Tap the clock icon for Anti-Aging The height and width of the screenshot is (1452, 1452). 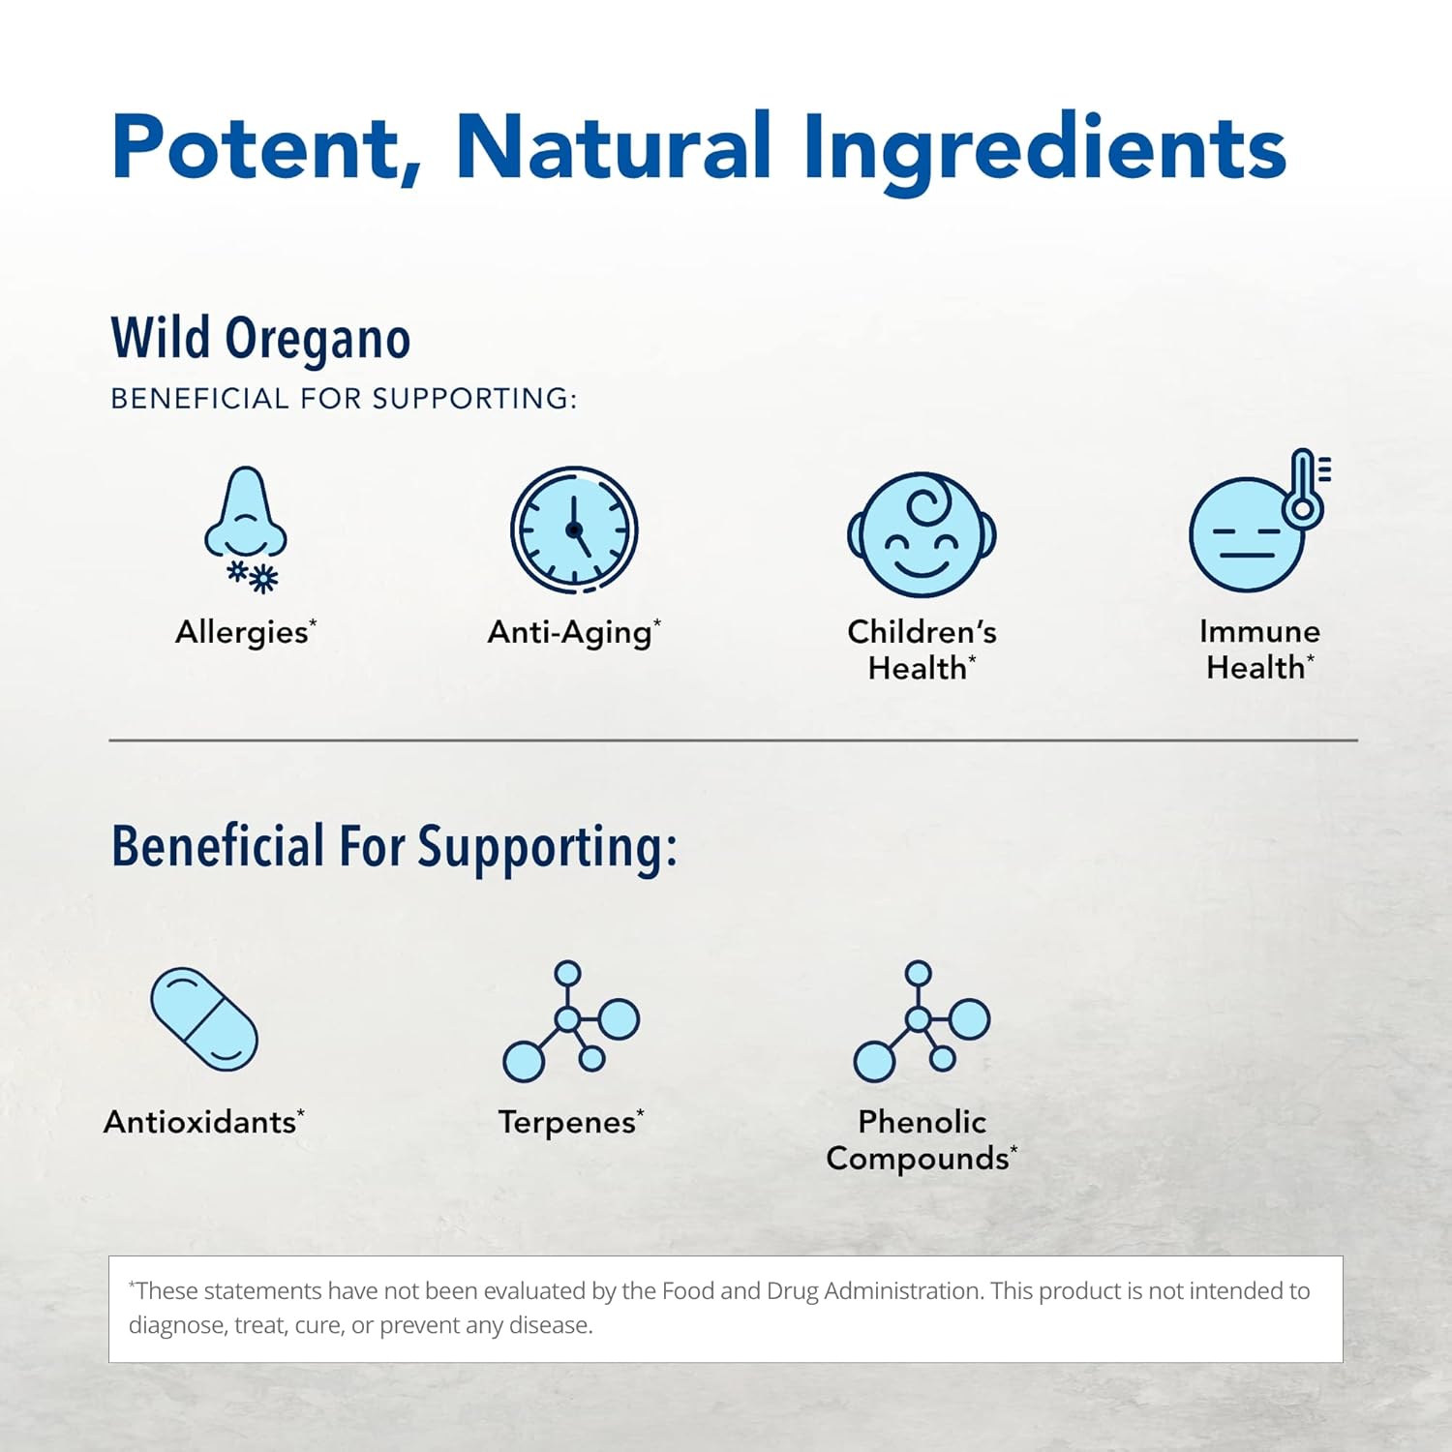(574, 529)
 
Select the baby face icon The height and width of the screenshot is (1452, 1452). (922, 534)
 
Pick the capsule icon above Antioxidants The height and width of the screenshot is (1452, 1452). (204, 1018)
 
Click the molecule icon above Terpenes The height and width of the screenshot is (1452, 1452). (571, 1021)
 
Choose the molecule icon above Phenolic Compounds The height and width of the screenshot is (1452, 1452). (922, 1021)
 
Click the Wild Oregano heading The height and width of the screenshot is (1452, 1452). (260, 339)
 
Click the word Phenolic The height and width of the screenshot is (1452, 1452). (922, 1121)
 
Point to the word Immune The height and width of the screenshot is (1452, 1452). (1259, 631)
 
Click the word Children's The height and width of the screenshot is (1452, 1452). (922, 631)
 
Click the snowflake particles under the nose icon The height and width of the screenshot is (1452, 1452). (253, 576)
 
